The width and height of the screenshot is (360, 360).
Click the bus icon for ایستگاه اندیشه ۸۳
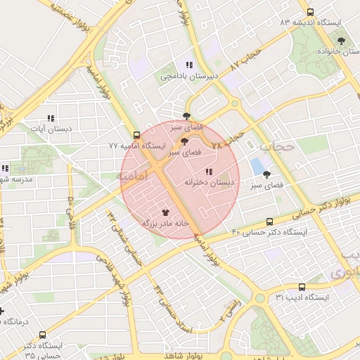click(x=310, y=12)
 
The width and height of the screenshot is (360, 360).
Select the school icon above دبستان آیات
click(x=50, y=119)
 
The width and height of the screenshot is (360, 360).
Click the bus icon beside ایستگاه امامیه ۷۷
click(x=136, y=136)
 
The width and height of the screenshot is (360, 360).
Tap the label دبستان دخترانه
click(x=209, y=182)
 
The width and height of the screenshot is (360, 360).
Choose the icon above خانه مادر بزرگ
click(x=166, y=212)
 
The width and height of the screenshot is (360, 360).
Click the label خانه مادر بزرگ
click(x=166, y=222)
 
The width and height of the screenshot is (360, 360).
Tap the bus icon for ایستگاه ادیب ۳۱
click(x=302, y=287)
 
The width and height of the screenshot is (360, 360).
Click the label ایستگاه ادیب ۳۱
click(x=302, y=297)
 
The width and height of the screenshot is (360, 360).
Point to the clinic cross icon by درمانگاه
click(x=2, y=310)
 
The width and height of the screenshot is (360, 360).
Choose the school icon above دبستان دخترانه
click(x=209, y=172)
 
